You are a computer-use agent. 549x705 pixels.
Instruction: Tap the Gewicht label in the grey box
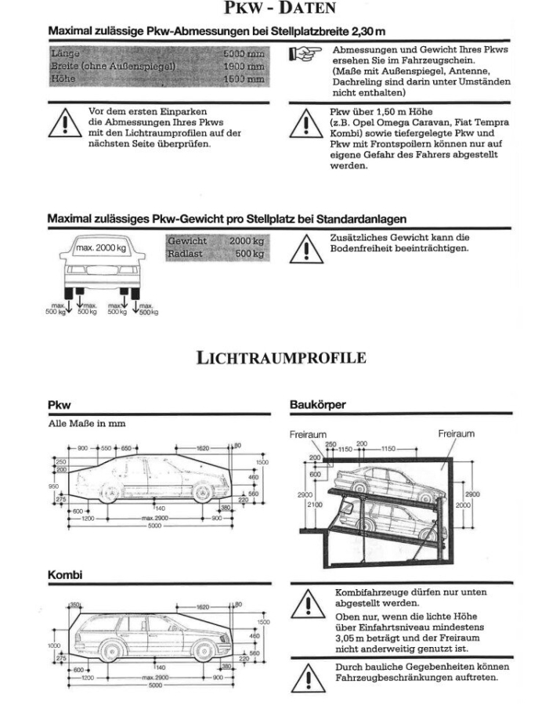pos(186,242)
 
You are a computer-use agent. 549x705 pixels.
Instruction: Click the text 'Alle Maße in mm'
pos(82,424)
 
